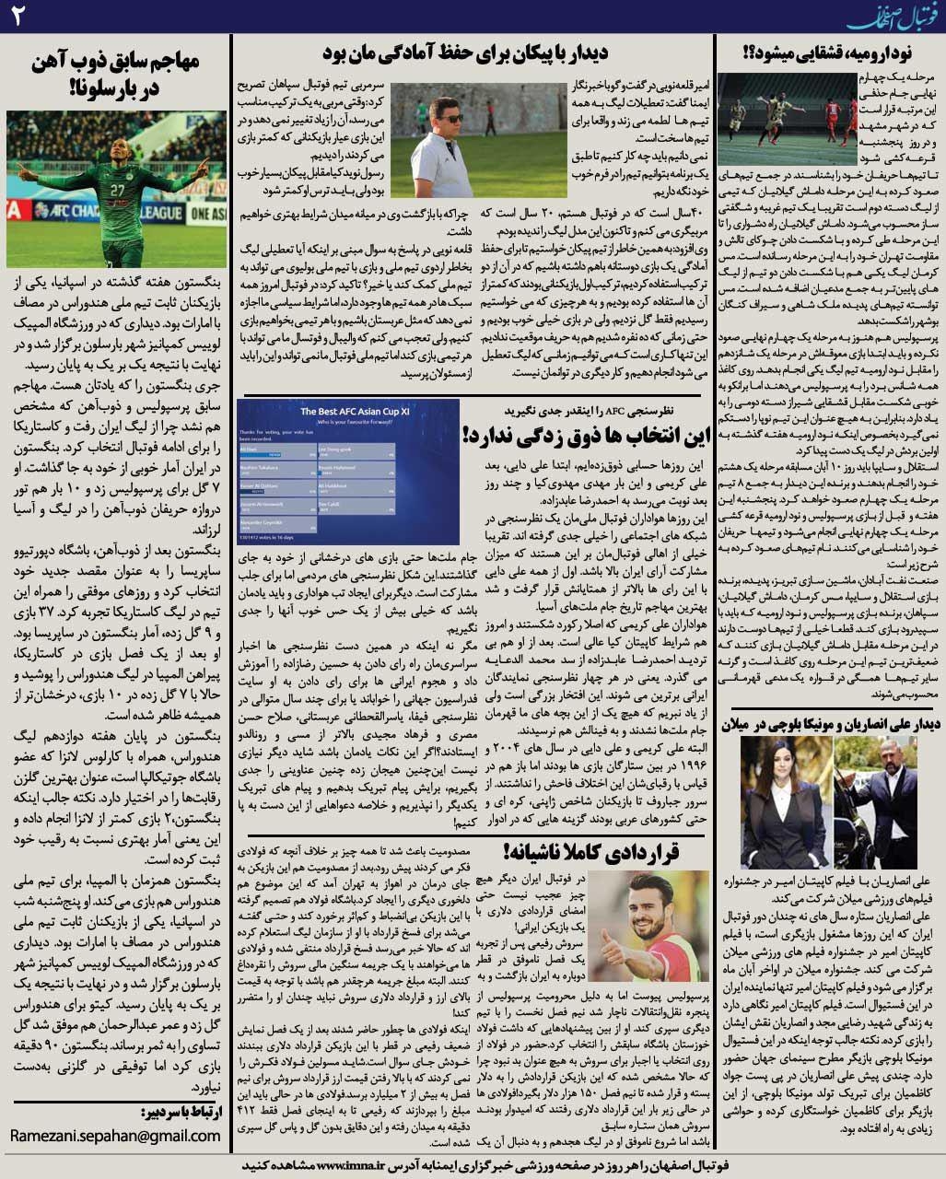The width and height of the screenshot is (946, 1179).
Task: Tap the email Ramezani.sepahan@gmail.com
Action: click(x=116, y=1136)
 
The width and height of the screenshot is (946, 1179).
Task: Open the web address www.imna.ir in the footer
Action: click(x=360, y=1164)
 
